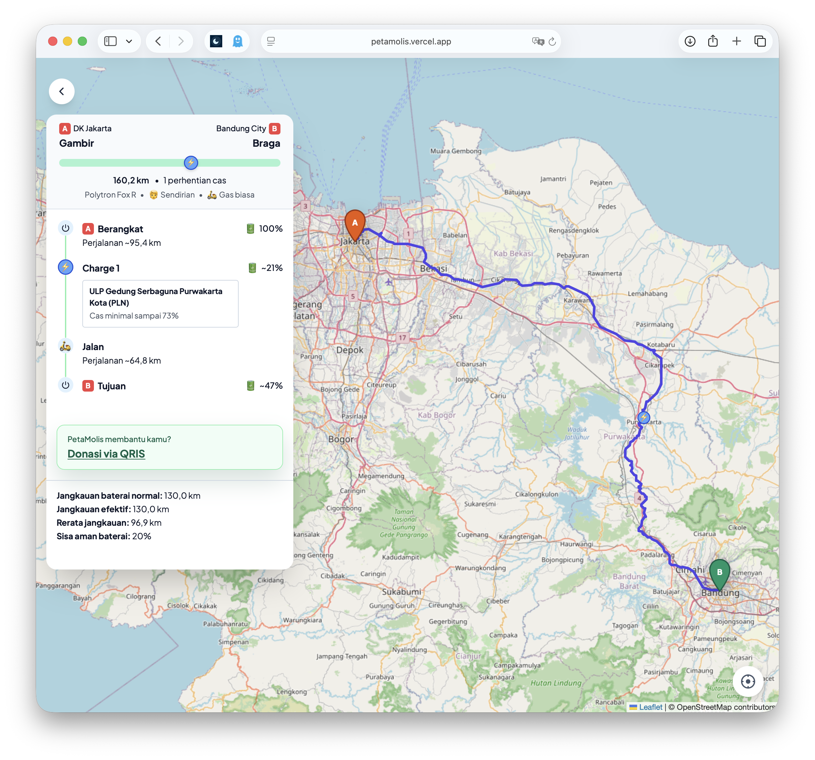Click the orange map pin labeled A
pos(355,224)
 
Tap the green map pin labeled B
pos(719,572)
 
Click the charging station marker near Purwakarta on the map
pos(644,418)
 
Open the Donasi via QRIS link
pos(106,454)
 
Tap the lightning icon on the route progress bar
pos(191,163)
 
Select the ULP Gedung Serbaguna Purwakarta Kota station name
pos(156,297)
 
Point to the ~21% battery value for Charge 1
pos(272,268)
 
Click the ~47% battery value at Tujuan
pos(271,385)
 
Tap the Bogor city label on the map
pos(341,439)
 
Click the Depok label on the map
pos(350,350)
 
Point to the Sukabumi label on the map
pos(401,591)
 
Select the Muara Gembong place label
pos(455,151)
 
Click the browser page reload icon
pos(552,42)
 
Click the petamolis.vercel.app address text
pos(411,42)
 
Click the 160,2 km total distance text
pos(131,181)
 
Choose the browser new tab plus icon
pos(736,42)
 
